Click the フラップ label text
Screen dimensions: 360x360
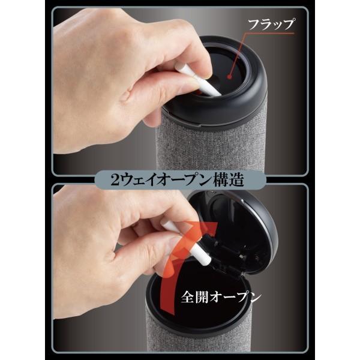click(271, 24)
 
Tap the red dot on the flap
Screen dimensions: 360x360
click(229, 77)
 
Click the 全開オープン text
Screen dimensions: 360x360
click(221, 298)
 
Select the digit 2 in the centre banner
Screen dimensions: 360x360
click(115, 180)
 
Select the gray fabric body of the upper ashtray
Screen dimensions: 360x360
click(211, 147)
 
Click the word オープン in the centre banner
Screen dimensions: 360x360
click(184, 180)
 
